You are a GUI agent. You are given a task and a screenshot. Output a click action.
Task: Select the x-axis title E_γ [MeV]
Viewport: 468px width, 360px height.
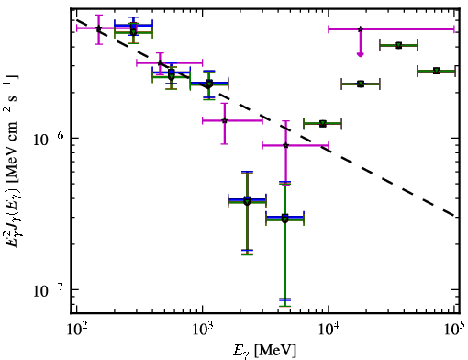pyautogui.click(x=264, y=351)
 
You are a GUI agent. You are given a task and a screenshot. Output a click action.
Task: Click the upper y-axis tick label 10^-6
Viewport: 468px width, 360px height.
pyautogui.click(x=49, y=140)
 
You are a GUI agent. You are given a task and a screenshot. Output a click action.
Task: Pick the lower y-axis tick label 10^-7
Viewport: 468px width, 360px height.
pyautogui.click(x=49, y=290)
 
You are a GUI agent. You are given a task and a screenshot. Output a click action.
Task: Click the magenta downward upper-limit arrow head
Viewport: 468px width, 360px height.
pyautogui.click(x=361, y=54)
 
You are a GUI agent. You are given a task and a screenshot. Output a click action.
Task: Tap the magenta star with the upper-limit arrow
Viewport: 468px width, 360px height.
pyautogui.click(x=361, y=29)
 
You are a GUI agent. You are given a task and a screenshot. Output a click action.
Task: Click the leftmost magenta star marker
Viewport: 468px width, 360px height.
pyautogui.click(x=98, y=28)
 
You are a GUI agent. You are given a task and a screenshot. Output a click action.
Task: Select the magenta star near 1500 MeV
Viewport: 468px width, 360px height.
pyautogui.click(x=225, y=120)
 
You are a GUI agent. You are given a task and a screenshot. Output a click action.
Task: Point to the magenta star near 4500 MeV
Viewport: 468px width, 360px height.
pyautogui.click(x=285, y=145)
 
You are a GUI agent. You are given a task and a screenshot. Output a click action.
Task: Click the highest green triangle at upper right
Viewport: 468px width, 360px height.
pyautogui.click(x=398, y=46)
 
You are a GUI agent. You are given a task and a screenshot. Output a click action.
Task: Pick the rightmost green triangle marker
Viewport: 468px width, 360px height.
pyautogui.click(x=437, y=71)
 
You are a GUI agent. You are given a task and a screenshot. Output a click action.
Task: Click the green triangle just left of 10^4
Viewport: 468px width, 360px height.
pyautogui.click(x=322, y=124)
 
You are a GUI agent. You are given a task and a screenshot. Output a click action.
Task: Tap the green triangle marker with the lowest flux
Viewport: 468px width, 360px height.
pyautogui.click(x=284, y=219)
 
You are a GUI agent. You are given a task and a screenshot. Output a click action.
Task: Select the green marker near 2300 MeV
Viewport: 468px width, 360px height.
pyautogui.click(x=247, y=201)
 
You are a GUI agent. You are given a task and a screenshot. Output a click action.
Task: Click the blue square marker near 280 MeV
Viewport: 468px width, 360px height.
pyautogui.click(x=133, y=26)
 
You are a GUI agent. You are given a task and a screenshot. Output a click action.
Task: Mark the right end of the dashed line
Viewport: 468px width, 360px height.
pyautogui.click(x=455, y=216)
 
